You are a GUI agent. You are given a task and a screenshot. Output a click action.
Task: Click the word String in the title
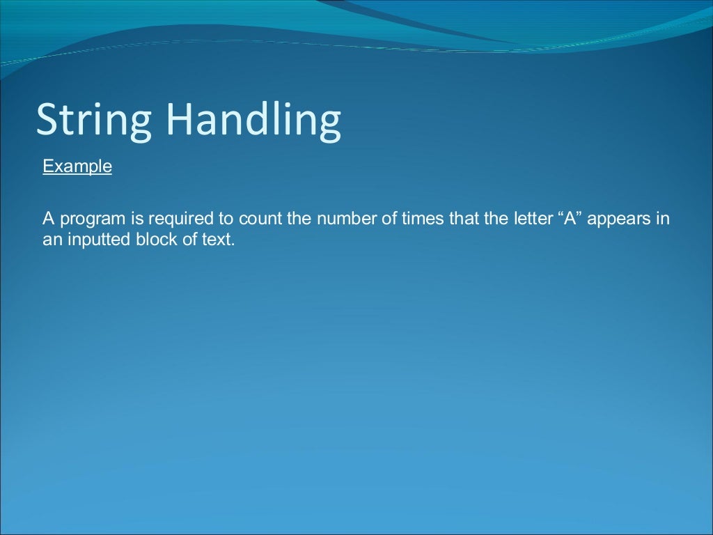click(x=93, y=121)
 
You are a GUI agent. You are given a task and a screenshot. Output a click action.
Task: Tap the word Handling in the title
click(x=253, y=121)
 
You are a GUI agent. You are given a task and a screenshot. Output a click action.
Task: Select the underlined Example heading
click(x=77, y=167)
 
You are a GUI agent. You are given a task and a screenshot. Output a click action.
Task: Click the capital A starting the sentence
click(x=48, y=219)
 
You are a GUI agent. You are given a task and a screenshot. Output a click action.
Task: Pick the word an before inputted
click(x=51, y=240)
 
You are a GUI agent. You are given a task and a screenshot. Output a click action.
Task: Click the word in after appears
click(x=663, y=219)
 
